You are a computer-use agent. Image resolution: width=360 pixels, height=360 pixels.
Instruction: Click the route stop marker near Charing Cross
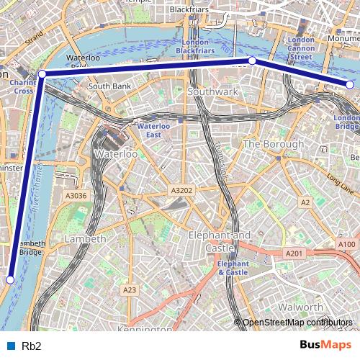pos(42,73)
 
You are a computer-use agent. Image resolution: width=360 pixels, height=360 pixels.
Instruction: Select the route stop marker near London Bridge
pos(350,85)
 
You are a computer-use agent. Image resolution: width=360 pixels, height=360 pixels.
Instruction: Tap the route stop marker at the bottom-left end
pos(11,279)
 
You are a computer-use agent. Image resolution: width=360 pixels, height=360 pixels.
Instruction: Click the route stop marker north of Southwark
pos(252,61)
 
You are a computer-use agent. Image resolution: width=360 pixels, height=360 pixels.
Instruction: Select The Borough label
pos(274,144)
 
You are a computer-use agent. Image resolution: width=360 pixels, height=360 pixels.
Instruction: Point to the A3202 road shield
pos(181,190)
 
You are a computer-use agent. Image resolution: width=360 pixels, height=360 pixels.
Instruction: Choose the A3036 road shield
pos(76,195)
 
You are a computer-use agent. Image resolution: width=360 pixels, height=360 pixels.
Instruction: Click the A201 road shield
pos(294,253)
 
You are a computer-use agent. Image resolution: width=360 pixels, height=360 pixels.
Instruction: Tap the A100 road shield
pos(346,245)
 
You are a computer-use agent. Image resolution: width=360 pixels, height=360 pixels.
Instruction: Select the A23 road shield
pos(130,289)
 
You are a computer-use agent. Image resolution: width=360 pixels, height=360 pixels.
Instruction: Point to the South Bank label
pos(108,86)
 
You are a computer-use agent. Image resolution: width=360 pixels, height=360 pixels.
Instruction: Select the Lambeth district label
pos(86,238)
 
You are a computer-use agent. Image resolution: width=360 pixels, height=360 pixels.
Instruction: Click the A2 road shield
pos(305,203)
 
